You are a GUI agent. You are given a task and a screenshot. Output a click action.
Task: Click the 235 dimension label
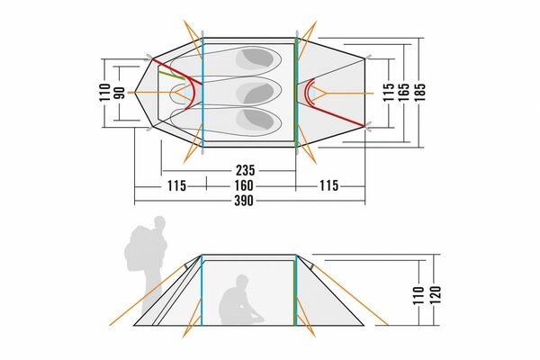point(245,170)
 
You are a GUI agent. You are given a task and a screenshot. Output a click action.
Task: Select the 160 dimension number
point(244,185)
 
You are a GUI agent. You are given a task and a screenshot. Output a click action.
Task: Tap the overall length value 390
point(244,201)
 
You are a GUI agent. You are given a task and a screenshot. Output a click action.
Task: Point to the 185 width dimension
point(419,93)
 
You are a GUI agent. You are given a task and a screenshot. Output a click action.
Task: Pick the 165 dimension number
point(404,93)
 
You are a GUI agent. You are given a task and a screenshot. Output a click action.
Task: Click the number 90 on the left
point(120,93)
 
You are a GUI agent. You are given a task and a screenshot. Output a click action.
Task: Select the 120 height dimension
point(435,294)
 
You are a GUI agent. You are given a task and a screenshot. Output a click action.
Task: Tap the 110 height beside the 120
point(418,295)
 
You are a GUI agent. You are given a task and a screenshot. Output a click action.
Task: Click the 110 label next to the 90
point(104,93)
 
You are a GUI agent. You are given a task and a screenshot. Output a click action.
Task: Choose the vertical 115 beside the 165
point(389,93)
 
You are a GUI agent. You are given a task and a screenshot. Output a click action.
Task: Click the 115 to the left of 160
point(176,186)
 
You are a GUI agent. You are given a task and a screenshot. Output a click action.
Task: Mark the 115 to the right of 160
point(328,185)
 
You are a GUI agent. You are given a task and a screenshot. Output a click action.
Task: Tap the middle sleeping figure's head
point(256,93)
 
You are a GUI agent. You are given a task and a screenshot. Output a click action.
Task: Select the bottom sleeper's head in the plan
point(256,120)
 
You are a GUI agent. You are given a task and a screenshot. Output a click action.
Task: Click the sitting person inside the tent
point(239,301)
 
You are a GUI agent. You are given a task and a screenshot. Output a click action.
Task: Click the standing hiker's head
point(159,223)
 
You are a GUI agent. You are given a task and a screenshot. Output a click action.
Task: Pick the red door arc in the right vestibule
point(310,93)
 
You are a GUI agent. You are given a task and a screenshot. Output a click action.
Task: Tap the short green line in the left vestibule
point(171,76)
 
